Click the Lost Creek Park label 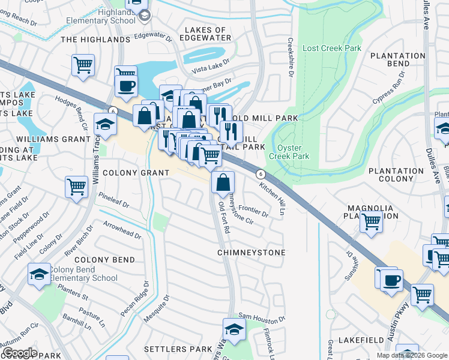(x=332, y=48)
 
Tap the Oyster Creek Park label (x=293, y=152)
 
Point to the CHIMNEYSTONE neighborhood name (x=251, y=253)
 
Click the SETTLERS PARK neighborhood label (x=178, y=349)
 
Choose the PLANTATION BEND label (x=397, y=59)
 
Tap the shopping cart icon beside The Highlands (x=83, y=64)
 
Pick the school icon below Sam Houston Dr (x=234, y=328)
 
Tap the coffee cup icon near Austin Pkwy (x=391, y=280)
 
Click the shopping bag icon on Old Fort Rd (x=223, y=182)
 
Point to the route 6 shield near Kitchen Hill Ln (x=260, y=173)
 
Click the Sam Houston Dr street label (x=260, y=316)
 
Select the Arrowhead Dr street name (x=122, y=230)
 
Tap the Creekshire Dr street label (x=290, y=58)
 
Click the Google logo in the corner (x=19, y=353)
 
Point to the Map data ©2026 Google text (x=412, y=355)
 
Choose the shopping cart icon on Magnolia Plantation (x=371, y=222)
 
